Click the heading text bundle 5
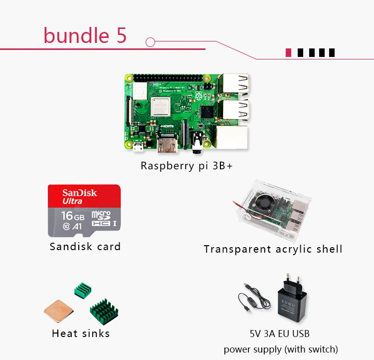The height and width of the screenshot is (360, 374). pos(85,35)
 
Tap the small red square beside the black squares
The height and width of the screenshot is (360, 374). pos(288,52)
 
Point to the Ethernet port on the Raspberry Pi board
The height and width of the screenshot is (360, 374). pos(231,136)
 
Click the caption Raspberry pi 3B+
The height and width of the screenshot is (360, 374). pos(187,166)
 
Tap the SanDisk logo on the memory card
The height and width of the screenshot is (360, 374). pos(80,193)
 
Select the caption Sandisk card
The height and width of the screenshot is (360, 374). pos(85,246)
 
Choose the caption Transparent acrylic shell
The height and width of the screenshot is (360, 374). pos(273,249)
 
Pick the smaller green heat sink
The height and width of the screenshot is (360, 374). pos(83,289)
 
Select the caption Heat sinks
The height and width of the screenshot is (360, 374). pos(81,333)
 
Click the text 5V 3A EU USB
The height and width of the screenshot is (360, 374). pos(280,333)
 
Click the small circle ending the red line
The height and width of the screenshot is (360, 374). pos(151,41)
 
